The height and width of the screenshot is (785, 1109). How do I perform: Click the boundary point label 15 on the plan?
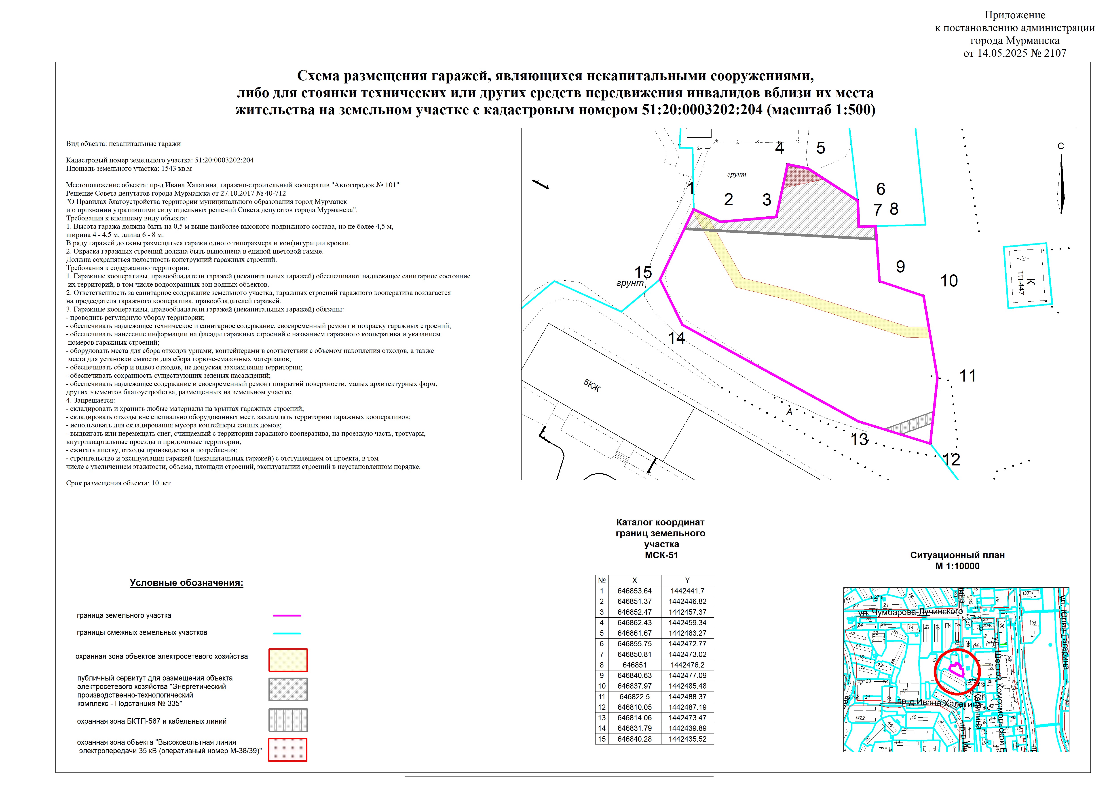(643, 272)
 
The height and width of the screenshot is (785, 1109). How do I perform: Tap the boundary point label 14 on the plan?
(676, 338)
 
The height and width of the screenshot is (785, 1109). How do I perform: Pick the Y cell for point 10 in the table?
(687, 686)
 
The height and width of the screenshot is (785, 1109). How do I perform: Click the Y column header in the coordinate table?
(687, 580)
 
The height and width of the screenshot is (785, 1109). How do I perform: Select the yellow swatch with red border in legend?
(288, 660)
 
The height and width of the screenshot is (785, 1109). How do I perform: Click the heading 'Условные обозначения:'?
(186, 583)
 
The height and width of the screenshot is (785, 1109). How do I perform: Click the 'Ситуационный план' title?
(957, 555)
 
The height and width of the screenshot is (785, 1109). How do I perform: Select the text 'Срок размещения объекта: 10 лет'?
(118, 483)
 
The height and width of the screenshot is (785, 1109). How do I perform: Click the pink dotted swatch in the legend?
(288, 750)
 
